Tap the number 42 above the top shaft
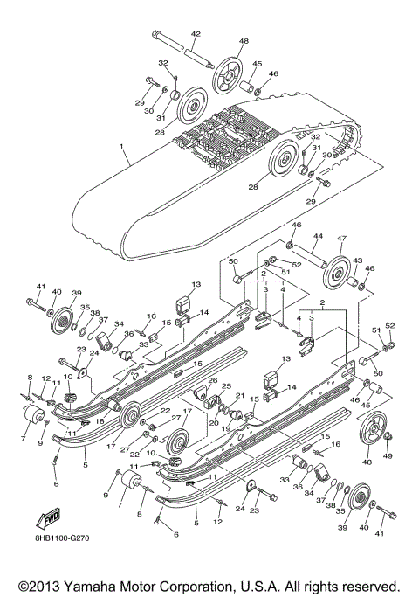pos(196,33)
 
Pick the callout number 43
pos(357,260)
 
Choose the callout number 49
pos(388,455)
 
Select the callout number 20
pos(214,422)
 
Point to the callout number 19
pos(223,428)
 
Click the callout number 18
pos(100,420)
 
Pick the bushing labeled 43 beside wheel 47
pos(361,283)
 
